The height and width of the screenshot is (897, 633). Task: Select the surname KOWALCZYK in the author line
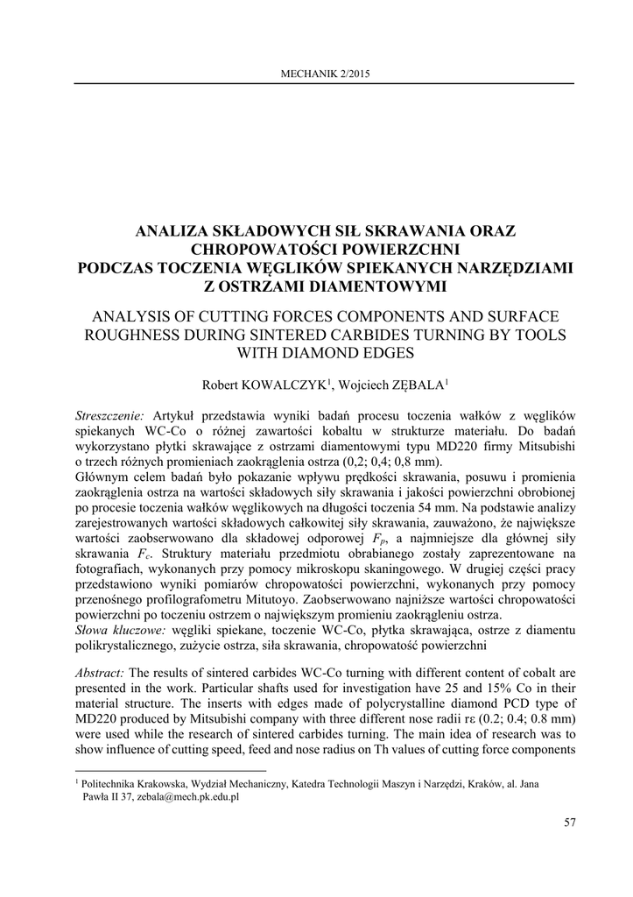coord(287,383)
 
